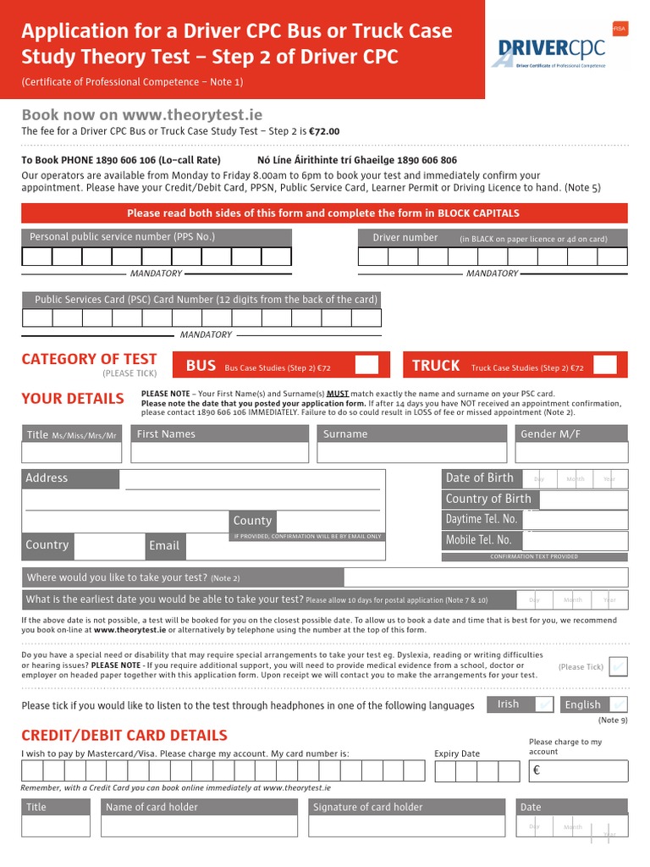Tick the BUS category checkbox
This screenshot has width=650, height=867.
click(366, 366)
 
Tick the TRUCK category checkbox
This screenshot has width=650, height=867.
click(604, 366)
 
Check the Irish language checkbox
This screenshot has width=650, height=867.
click(544, 704)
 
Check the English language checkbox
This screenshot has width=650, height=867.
click(618, 704)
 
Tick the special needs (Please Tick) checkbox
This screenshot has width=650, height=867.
click(618, 667)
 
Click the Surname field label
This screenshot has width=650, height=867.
click(345, 434)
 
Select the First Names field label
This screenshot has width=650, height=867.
click(166, 434)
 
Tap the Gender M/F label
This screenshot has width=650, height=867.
click(550, 434)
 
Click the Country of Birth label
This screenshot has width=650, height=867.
click(488, 499)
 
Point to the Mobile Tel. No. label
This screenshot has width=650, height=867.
click(479, 540)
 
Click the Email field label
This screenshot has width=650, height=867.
click(164, 546)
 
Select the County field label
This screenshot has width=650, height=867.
click(252, 521)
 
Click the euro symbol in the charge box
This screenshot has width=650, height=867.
click(536, 771)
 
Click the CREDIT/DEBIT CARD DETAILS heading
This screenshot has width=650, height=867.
click(124, 735)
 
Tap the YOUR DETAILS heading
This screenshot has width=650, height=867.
click(72, 399)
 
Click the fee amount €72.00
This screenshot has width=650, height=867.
click(322, 131)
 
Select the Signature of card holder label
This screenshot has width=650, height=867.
click(367, 807)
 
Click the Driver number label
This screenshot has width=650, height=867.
click(405, 238)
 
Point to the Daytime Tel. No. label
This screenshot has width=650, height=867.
click(481, 519)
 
